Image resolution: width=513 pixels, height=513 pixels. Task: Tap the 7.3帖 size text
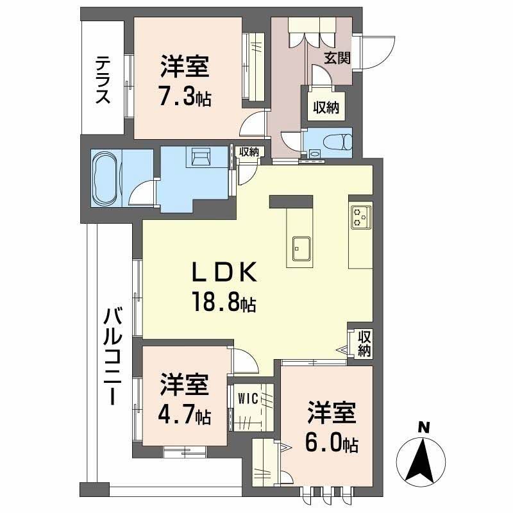pyautogui.click(x=185, y=98)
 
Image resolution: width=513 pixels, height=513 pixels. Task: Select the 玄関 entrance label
pyautogui.click(x=336, y=58)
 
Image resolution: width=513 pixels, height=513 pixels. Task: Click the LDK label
pyautogui.click(x=224, y=274)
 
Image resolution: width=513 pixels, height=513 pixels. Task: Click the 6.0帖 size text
pyautogui.click(x=332, y=442)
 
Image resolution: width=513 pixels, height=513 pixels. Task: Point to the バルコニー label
pyautogui.click(x=114, y=356)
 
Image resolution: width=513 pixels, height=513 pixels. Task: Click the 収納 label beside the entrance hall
pyautogui.click(x=326, y=107)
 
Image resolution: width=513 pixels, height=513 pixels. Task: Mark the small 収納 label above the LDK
pyautogui.click(x=248, y=152)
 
